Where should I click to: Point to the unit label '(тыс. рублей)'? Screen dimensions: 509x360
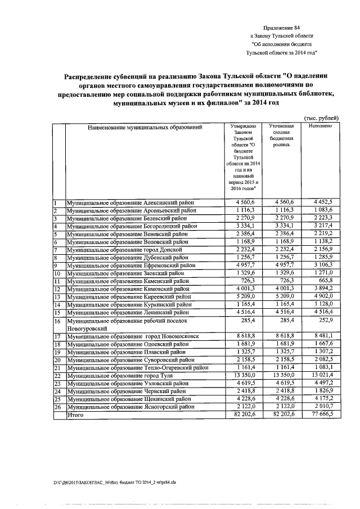coord(321,118)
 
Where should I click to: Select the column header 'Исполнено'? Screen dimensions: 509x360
coord(320,127)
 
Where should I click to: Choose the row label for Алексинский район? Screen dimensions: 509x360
coord(131,202)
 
